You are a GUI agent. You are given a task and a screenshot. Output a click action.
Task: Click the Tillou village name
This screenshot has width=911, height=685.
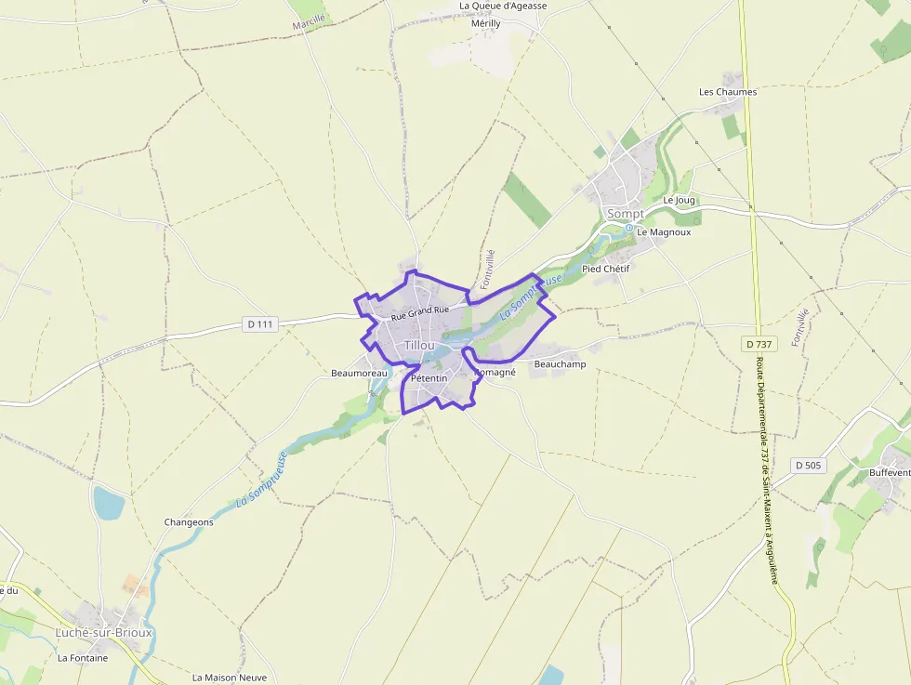click(419, 345)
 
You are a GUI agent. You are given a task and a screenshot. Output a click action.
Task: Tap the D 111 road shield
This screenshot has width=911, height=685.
click(261, 324)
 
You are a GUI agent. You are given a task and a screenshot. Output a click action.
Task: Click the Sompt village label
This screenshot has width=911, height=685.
click(625, 214)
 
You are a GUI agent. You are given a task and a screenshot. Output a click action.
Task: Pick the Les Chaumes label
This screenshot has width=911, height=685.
click(728, 92)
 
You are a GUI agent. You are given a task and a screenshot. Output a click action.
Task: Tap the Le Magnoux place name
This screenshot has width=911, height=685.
click(664, 232)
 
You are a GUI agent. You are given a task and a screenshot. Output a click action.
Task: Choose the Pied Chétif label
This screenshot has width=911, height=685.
click(605, 269)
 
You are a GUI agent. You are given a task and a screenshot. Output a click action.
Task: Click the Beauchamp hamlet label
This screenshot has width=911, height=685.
click(560, 364)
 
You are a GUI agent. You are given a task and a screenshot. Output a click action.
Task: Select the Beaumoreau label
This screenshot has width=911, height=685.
click(359, 374)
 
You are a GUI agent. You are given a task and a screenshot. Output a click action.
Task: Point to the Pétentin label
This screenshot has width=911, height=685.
click(429, 378)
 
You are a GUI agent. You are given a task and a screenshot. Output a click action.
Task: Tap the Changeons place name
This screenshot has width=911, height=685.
click(189, 522)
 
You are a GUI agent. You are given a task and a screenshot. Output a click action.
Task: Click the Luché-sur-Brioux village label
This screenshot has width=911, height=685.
click(103, 633)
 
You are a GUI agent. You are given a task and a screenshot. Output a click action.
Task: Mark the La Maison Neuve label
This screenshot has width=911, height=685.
click(230, 678)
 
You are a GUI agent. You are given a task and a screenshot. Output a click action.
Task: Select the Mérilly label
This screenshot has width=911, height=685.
click(485, 24)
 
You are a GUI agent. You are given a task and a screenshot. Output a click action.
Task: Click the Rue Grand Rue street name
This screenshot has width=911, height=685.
click(420, 314)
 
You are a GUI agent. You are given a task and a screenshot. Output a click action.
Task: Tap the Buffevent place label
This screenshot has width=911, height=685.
click(890, 473)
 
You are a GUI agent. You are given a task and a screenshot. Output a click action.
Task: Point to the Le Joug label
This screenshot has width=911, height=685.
click(679, 200)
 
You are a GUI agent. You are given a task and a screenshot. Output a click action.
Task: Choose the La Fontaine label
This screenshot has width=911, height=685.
click(83, 658)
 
